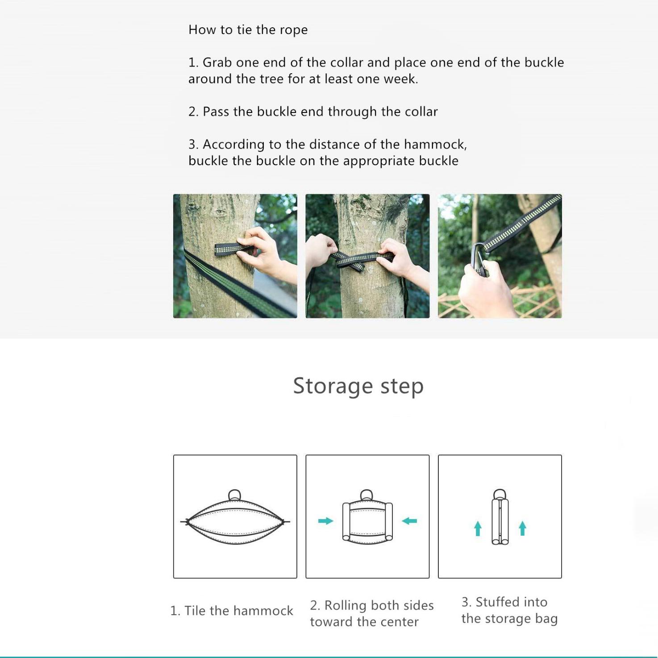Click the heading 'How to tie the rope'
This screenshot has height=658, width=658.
tap(248, 30)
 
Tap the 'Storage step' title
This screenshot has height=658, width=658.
tap(358, 386)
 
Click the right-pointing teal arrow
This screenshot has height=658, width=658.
tap(326, 521)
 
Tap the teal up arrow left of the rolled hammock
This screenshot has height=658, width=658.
tap(478, 529)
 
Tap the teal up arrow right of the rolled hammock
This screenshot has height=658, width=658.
tap(522, 529)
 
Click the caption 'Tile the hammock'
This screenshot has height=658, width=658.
tap(232, 611)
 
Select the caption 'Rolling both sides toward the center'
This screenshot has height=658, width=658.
tap(372, 614)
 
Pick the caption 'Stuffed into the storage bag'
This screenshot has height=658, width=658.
tap(509, 610)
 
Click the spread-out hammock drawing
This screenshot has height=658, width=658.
tap(235, 517)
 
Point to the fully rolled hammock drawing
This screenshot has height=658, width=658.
tap(500, 516)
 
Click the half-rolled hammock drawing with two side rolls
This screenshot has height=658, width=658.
tap(367, 516)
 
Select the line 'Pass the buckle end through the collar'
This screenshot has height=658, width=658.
tap(313, 112)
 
